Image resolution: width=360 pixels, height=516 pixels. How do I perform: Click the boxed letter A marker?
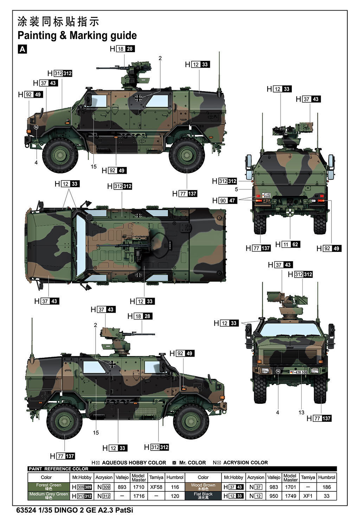point(22,49)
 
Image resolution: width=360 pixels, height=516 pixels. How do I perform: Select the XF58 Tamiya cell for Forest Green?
point(156,487)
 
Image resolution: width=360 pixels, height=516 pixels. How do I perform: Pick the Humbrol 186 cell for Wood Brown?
point(326,487)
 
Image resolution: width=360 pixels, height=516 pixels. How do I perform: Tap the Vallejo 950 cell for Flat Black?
point(274,496)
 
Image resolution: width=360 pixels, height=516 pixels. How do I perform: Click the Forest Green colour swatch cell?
point(49,487)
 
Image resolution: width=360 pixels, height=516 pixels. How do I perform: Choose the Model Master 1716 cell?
point(139,496)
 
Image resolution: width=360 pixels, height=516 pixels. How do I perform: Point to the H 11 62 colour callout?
point(288,244)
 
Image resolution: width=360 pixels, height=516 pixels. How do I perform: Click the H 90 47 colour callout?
point(225,200)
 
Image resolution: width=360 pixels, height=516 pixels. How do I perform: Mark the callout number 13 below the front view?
point(301,412)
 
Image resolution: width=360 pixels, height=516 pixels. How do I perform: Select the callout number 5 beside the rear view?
point(236,189)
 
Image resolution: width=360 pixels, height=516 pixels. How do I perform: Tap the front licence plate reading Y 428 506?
point(298,372)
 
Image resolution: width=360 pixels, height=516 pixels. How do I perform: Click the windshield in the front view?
point(290,330)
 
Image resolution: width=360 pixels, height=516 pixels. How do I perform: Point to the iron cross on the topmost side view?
point(139,98)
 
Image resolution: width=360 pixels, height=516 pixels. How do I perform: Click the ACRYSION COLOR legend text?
point(246,463)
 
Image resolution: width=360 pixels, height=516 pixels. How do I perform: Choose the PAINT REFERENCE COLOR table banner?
point(58,469)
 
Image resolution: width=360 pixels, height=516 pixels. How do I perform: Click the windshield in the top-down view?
point(81,245)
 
